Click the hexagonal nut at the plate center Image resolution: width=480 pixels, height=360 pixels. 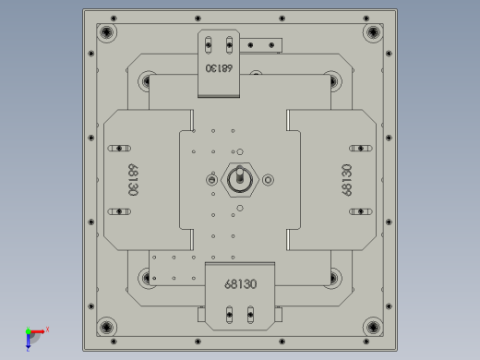click(239, 179)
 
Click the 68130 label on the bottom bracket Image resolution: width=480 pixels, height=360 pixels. click(239, 284)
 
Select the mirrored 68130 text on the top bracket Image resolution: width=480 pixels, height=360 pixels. click(219, 67)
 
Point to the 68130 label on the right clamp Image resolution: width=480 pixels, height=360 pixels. click(347, 180)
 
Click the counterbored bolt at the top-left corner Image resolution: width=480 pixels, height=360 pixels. click(108, 33)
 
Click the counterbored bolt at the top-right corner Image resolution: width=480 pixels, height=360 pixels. click(372, 33)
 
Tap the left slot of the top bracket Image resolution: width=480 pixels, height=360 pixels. click(210, 42)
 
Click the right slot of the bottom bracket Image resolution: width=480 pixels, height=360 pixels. click(249, 316)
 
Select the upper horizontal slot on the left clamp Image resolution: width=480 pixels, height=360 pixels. click(121, 148)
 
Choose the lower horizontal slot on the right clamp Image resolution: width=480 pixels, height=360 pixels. click(359, 211)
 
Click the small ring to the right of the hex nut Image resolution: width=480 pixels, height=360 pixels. click(269, 179)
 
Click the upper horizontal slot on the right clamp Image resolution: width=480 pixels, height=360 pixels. click(359, 148)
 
